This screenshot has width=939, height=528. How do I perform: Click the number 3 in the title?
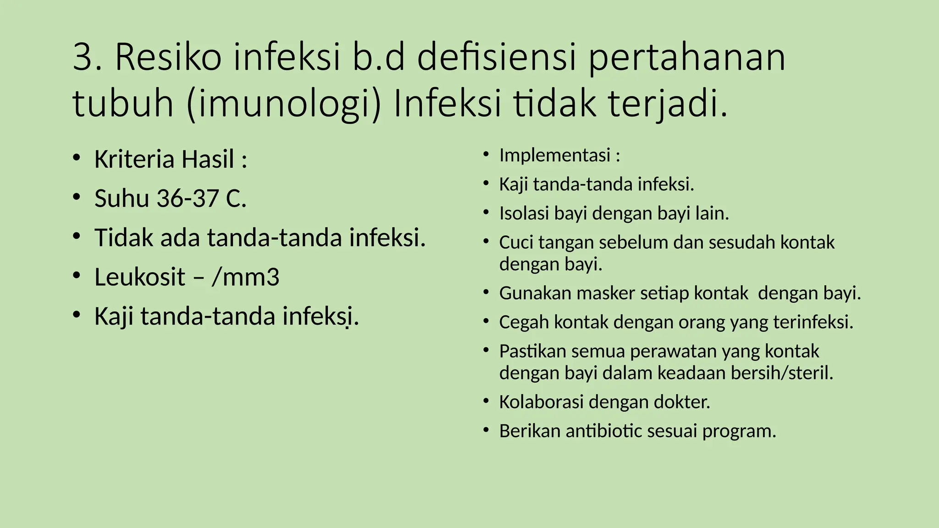(x=83, y=57)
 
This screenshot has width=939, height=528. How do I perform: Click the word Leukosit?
(x=140, y=277)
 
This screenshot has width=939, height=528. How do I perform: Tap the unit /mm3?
(x=245, y=277)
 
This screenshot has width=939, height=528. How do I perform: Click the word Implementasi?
(x=555, y=155)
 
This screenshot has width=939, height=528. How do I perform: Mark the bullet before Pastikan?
(x=486, y=350)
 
